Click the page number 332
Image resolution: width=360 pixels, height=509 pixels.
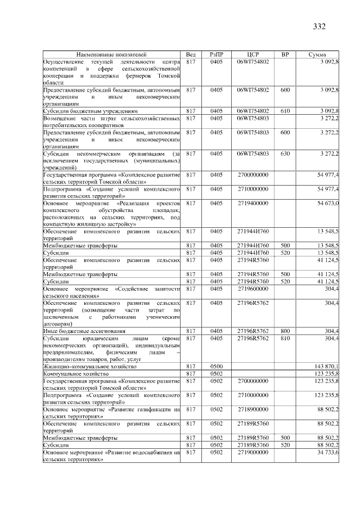pyautogui.click(x=319, y=26)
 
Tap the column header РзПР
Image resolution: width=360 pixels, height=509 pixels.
pyautogui.click(x=217, y=54)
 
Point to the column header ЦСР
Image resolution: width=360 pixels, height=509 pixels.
pyautogui.click(x=253, y=54)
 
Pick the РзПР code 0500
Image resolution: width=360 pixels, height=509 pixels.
pyautogui.click(x=217, y=366)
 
